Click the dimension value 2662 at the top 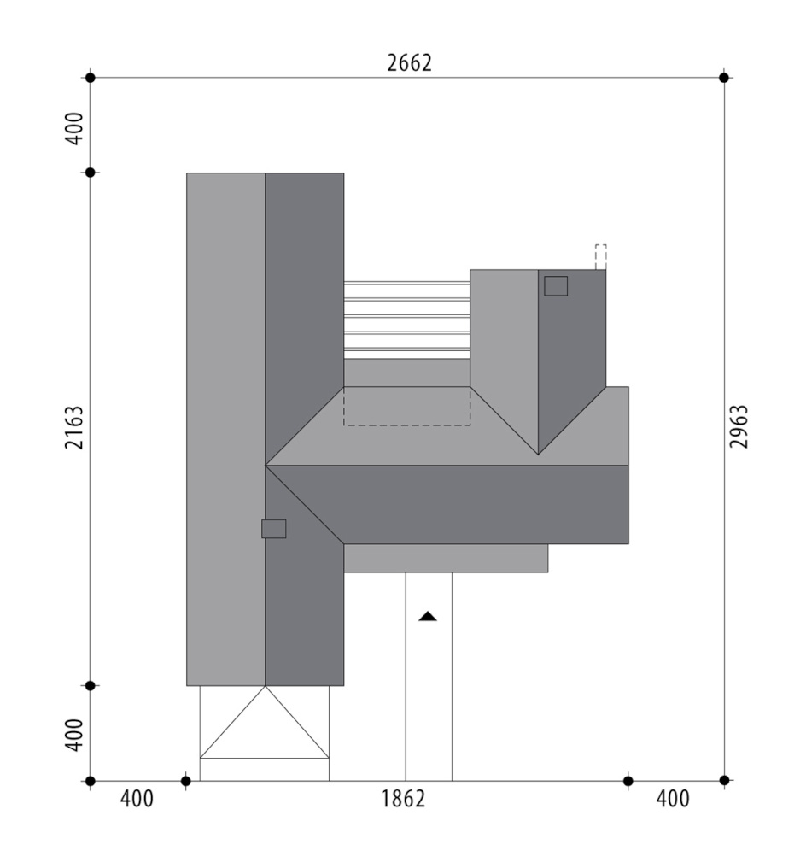409,63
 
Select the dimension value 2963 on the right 739,426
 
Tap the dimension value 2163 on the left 73,427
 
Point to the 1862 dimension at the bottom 403,799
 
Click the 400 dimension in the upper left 74,128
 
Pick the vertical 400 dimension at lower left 74,735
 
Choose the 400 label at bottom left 137,799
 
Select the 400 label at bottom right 673,799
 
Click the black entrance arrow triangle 428,616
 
